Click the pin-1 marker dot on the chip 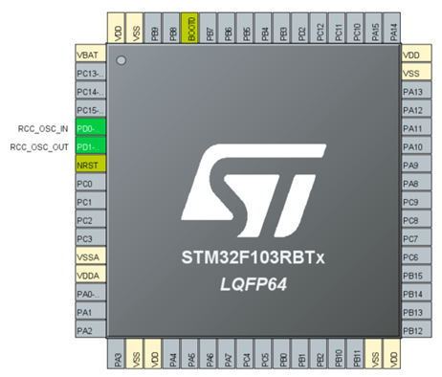[x=122, y=61]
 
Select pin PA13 [x=414, y=92]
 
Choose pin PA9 [x=414, y=166]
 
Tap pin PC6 [x=414, y=257]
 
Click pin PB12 [x=414, y=331]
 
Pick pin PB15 [x=414, y=276]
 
